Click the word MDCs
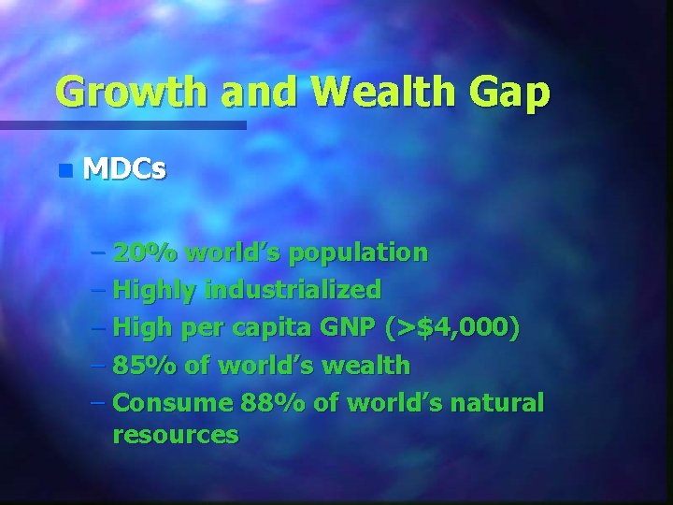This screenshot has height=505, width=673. [125, 169]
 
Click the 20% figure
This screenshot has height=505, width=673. [145, 252]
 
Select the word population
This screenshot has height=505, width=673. [359, 252]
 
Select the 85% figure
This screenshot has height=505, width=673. [145, 366]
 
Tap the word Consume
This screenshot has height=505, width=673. [172, 403]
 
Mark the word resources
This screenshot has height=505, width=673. [175, 435]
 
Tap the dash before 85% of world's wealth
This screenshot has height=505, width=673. [99, 366]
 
